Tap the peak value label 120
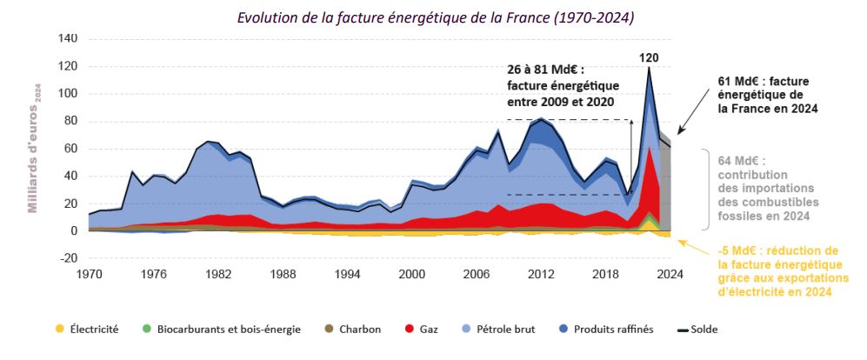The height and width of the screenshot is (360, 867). tap(648, 59)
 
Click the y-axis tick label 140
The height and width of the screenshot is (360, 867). tap(66, 39)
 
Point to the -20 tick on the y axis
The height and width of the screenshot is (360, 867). tap(68, 258)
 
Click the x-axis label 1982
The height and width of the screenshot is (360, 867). tap(218, 273)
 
